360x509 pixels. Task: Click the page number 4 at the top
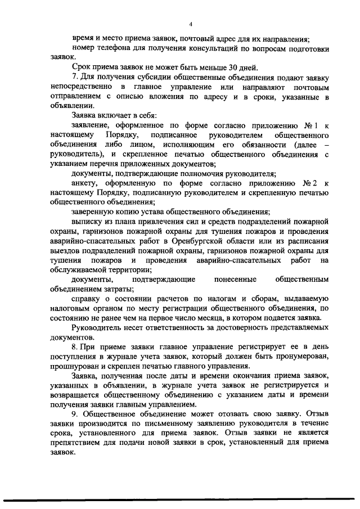click(x=191, y=24)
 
